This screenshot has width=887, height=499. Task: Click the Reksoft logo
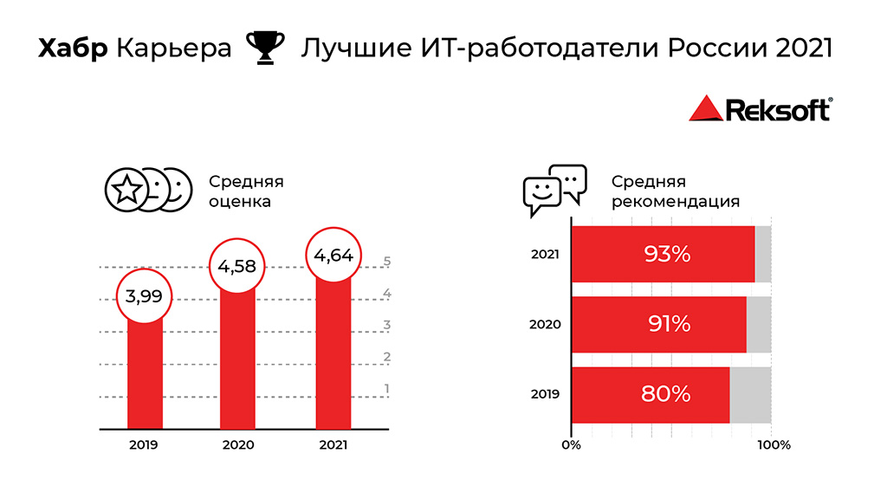click(x=759, y=109)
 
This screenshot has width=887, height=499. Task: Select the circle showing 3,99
click(x=144, y=295)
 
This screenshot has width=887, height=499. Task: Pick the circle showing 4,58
click(x=237, y=266)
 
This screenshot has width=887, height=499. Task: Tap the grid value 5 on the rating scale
click(x=387, y=261)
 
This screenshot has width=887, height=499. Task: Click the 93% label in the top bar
click(x=666, y=254)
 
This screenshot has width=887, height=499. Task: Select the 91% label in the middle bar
click(x=669, y=324)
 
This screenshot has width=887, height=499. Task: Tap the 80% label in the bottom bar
click(x=665, y=394)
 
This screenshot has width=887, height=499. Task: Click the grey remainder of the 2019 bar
click(x=750, y=395)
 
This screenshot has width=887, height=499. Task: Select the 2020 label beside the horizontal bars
click(x=546, y=325)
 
